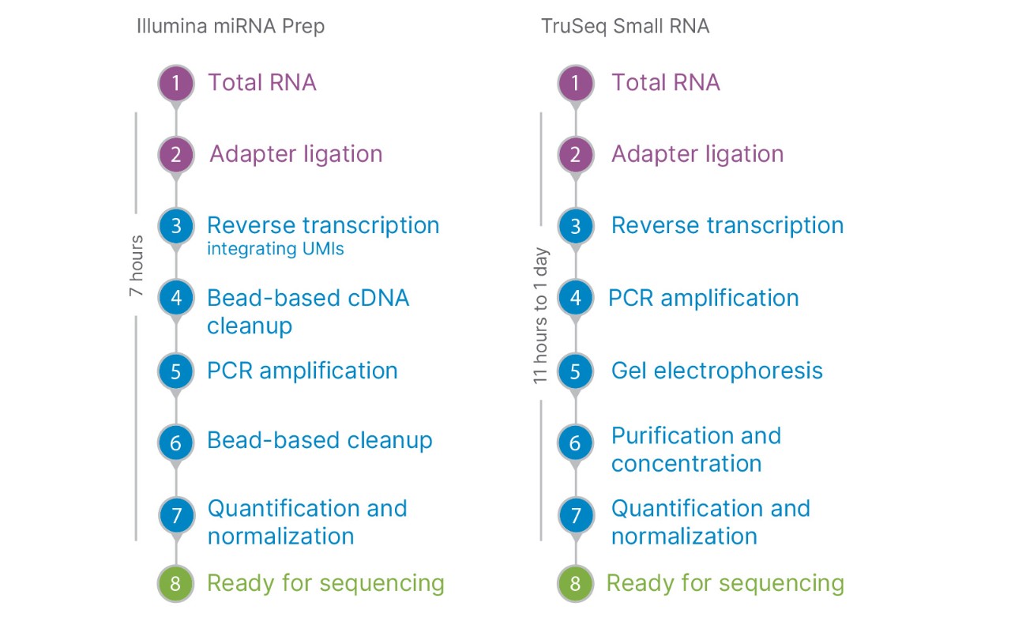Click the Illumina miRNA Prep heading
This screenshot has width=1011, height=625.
tap(230, 26)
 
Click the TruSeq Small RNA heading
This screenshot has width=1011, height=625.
tap(625, 26)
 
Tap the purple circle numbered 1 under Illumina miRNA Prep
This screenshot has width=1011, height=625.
tap(175, 83)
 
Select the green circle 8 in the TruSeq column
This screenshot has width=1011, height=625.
tap(575, 585)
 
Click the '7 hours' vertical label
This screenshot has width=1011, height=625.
tap(136, 265)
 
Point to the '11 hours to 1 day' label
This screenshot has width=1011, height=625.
tap(541, 315)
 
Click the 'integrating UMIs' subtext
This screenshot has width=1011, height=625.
tap(276, 250)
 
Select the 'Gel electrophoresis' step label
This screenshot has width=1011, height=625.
tap(716, 371)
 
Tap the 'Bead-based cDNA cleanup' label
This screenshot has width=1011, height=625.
tap(308, 311)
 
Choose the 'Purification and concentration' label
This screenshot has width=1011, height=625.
tap(695, 449)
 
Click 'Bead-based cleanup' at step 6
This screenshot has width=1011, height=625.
tap(319, 440)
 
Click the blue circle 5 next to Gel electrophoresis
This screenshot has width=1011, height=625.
tap(575, 371)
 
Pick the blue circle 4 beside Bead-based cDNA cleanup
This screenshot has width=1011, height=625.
tap(175, 299)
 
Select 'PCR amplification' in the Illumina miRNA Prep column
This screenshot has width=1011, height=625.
tap(302, 371)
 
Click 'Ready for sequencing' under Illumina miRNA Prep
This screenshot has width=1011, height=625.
tap(325, 583)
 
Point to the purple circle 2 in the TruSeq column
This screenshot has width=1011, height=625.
tap(575, 154)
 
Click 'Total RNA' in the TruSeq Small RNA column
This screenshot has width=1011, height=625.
tap(665, 82)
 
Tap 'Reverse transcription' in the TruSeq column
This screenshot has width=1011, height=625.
tap(727, 225)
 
